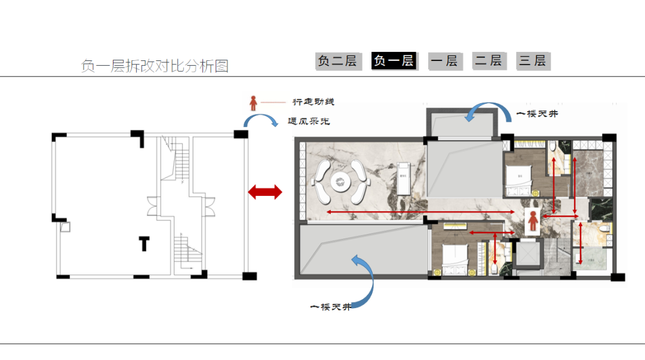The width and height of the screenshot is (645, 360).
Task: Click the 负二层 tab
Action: point(338,61)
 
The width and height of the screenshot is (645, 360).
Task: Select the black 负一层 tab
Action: point(394,61)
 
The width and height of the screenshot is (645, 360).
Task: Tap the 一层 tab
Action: point(444,61)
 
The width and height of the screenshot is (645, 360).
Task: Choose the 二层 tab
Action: point(489,61)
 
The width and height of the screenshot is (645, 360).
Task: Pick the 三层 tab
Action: point(533,61)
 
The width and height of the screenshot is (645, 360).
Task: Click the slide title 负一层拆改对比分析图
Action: point(155,66)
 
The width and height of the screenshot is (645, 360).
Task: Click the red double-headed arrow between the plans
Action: point(265,192)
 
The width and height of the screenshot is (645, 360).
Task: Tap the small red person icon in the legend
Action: point(253,103)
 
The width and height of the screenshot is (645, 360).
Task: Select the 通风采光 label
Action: point(309,121)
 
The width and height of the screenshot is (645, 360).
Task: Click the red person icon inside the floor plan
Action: point(533,221)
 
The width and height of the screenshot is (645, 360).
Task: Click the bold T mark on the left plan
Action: point(144,244)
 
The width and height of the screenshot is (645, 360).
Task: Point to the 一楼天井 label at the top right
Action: point(537,113)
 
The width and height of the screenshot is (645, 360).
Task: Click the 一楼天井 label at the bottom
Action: point(330,307)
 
